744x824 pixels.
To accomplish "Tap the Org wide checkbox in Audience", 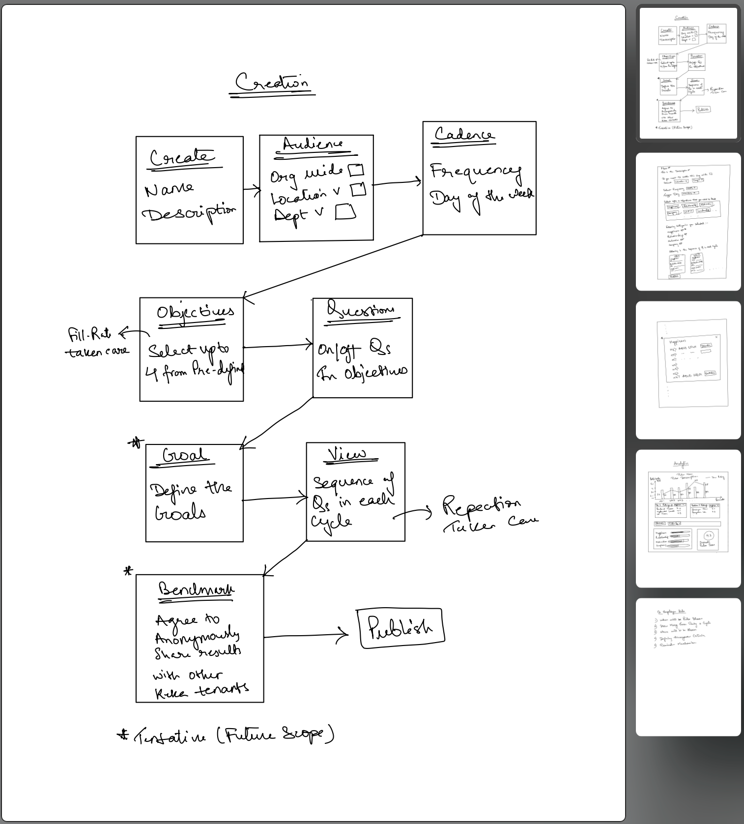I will point(356,170).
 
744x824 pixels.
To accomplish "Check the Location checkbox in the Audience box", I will point(358,189).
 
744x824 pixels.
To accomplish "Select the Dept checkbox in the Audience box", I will point(345,212).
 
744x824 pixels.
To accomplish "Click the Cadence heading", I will point(464,134).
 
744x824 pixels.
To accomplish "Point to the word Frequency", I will point(475,172).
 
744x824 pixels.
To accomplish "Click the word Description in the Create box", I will point(189,213).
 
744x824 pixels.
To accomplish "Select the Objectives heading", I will point(195,312).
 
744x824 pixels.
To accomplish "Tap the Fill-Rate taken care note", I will point(97,342).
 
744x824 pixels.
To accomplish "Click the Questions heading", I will point(361,310).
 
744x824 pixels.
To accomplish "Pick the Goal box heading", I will point(185,455).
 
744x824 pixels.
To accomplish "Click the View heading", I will point(347,454).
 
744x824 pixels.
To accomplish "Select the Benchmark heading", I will point(196,589).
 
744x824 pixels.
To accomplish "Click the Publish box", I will point(401,628).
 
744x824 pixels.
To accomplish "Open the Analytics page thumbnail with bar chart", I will point(688,518).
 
